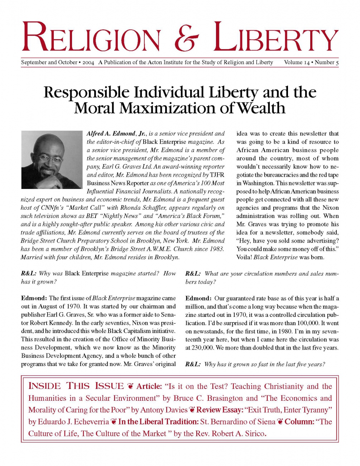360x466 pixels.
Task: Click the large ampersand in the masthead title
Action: [187, 37]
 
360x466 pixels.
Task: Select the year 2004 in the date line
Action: [88, 63]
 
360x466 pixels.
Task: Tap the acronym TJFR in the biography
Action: [217, 175]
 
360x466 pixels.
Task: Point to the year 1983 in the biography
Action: [216, 249]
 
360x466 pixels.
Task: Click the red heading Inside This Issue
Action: [76, 386]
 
